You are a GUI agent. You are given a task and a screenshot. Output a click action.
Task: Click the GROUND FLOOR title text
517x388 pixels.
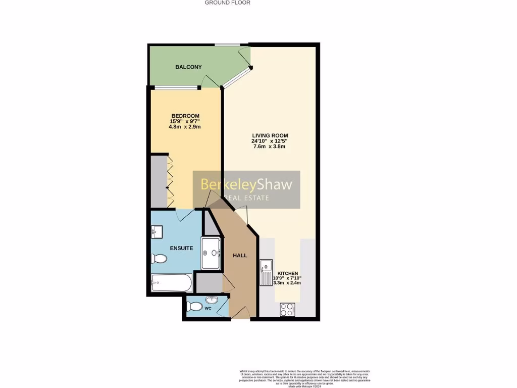[227, 3]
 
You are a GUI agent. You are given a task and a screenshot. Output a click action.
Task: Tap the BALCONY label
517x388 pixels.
[188, 67]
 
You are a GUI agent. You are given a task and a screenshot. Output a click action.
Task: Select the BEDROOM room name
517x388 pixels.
[185, 116]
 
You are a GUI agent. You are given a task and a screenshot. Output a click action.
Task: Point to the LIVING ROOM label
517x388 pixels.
[270, 135]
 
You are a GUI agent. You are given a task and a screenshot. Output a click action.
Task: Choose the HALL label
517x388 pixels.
[240, 256]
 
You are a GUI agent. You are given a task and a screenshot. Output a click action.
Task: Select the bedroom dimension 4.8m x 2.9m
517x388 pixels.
[185, 127]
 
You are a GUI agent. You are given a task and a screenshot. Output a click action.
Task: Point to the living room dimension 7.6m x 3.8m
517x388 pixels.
[270, 147]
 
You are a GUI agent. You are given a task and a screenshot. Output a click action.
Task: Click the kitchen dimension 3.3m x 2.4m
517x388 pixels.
[287, 283]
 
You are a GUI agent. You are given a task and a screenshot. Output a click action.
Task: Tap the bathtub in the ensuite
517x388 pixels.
[172, 282]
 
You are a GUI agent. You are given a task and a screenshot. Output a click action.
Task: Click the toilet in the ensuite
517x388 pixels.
[159, 259]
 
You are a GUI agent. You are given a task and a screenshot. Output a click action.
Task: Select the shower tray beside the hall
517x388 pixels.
[211, 253]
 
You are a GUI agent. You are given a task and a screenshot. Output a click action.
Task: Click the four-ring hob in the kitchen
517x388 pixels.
[287, 309]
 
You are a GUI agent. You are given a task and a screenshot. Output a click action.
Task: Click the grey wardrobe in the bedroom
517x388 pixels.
[159, 182]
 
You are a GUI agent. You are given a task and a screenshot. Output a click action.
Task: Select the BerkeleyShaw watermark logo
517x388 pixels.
[246, 189]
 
